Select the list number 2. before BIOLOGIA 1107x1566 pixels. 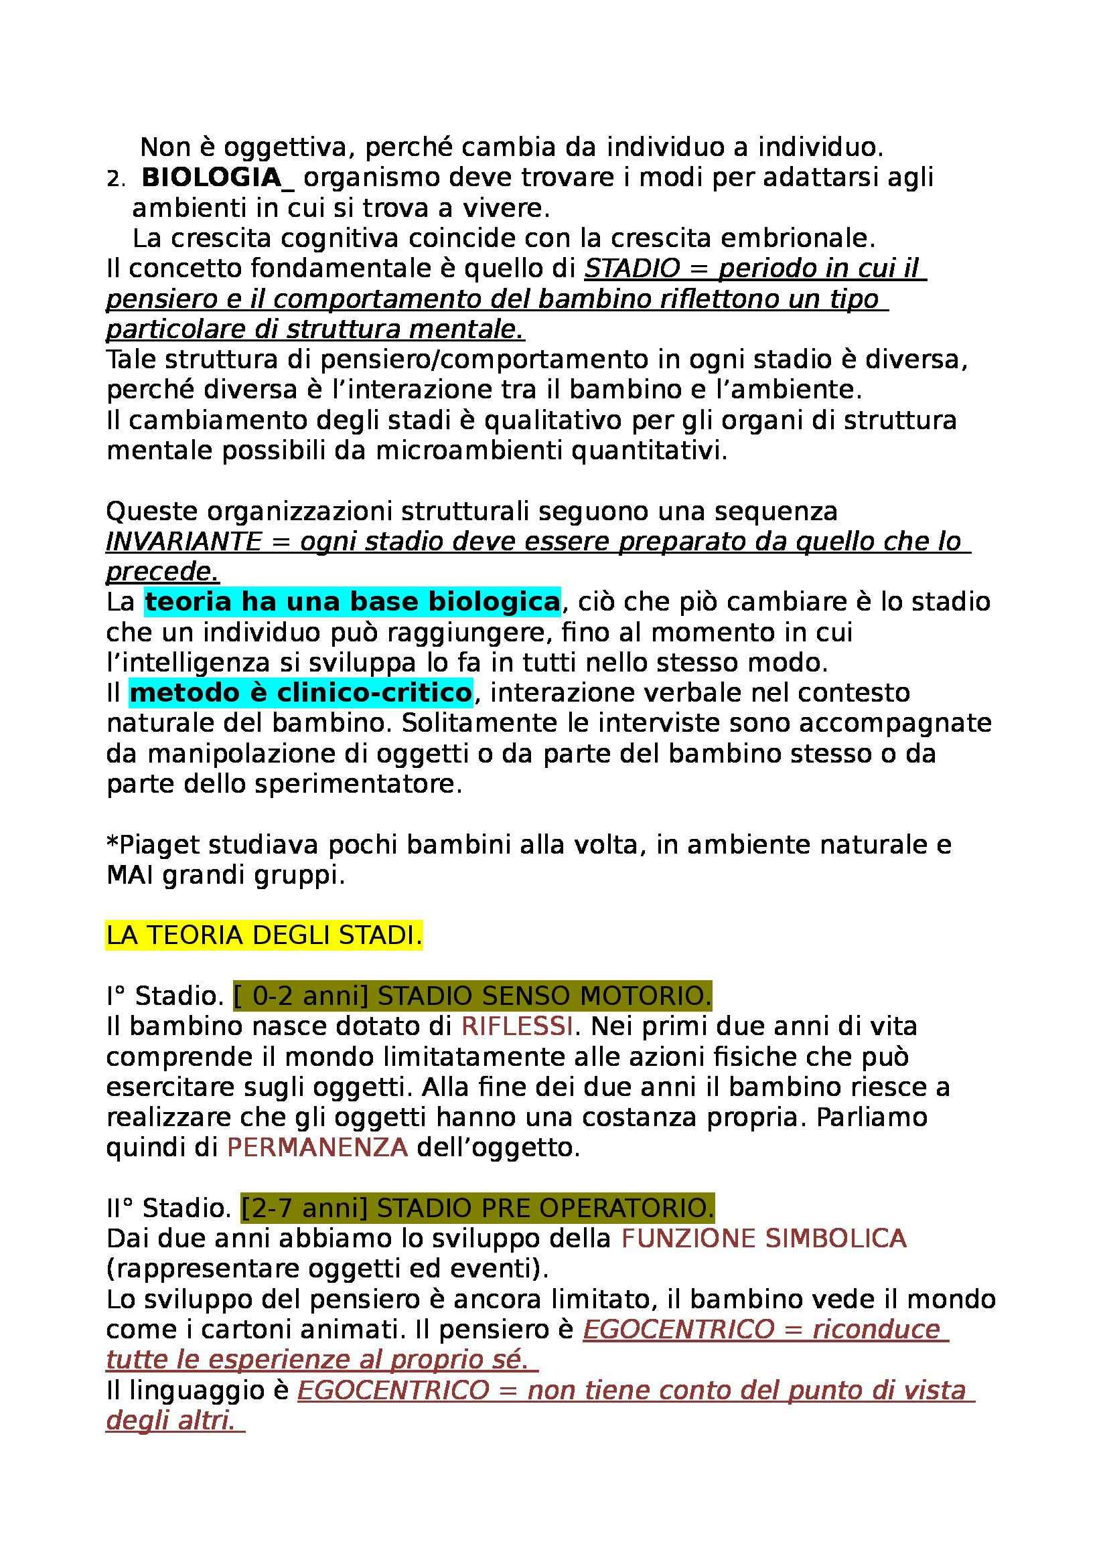(116, 179)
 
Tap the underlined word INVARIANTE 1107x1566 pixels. (183, 542)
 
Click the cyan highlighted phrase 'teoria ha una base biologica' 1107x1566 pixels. (352, 603)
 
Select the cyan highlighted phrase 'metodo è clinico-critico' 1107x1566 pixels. (301, 693)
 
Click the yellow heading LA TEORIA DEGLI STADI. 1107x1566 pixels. (264, 936)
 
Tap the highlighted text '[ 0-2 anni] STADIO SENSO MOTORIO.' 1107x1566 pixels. (472, 997)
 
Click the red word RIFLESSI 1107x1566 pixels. (517, 1026)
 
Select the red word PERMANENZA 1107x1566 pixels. (317, 1148)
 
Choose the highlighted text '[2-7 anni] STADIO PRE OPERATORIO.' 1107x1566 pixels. (477, 1208)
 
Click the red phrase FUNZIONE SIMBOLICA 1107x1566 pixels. (763, 1239)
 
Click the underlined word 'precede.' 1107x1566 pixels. (162, 572)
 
